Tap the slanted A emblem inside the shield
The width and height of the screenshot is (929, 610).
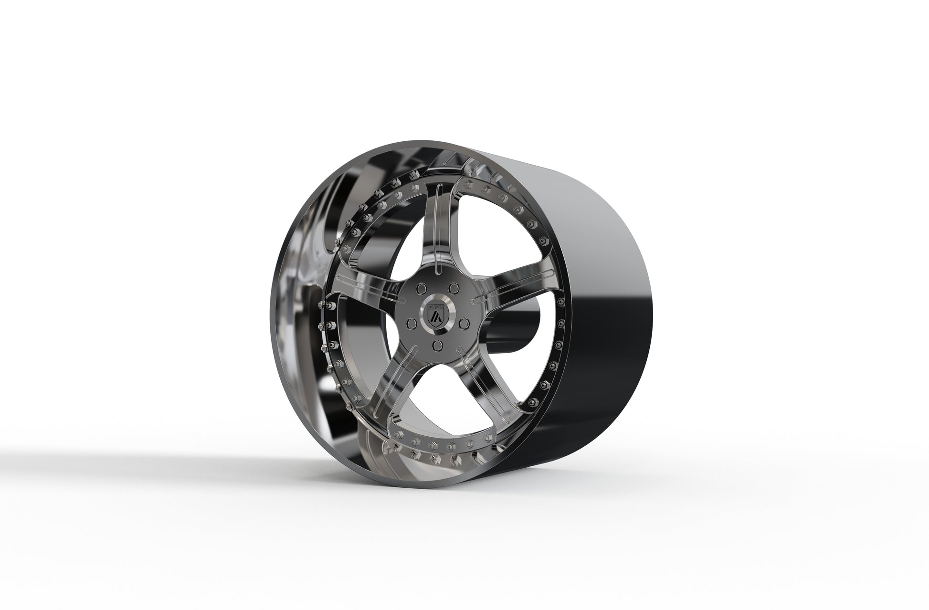coord(435,316)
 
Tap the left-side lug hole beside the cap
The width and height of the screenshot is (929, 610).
coord(410,324)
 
